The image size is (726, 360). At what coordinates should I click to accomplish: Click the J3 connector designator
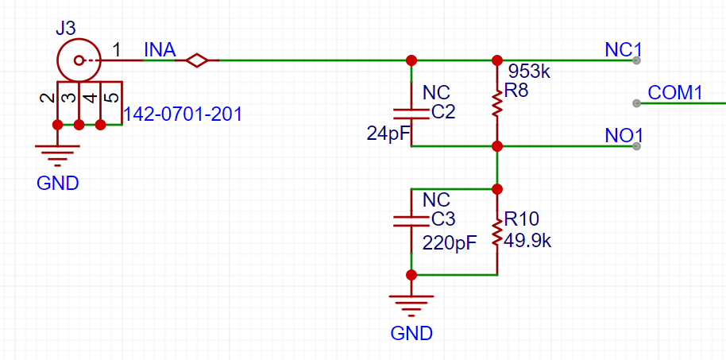coord(65,29)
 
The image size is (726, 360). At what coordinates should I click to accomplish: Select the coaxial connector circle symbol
coord(79,40)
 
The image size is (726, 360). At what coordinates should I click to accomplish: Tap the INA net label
coord(160,50)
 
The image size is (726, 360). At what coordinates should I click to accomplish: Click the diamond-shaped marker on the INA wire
coord(197,60)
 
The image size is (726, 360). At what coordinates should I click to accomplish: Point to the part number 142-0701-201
coord(183,114)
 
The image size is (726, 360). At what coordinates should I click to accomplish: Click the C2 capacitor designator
coord(442,113)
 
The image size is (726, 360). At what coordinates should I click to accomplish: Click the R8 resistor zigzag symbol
coord(496,104)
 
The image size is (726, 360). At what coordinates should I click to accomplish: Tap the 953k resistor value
coord(528,72)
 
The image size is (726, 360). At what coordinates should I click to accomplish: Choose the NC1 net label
coord(624,50)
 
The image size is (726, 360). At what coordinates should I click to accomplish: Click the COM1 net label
coord(675,93)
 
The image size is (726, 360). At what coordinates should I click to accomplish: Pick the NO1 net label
coord(624,136)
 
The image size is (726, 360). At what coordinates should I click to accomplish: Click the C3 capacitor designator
coord(442,220)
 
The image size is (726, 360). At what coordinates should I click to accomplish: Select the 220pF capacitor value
coord(450,243)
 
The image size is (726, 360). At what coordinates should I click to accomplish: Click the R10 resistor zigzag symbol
coord(496,232)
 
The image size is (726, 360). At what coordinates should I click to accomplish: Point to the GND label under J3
coord(58,184)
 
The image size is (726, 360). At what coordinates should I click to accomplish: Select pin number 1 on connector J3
coord(117,49)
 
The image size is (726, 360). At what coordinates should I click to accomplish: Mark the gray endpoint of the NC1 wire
coord(636,60)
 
